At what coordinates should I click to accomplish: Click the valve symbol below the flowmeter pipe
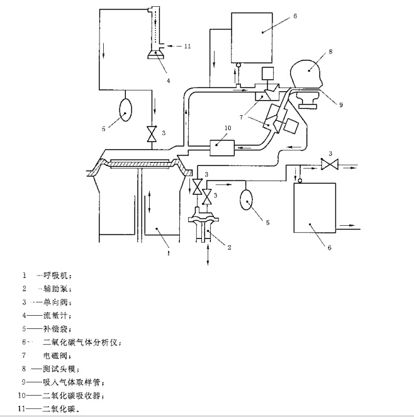tap(151, 134)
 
